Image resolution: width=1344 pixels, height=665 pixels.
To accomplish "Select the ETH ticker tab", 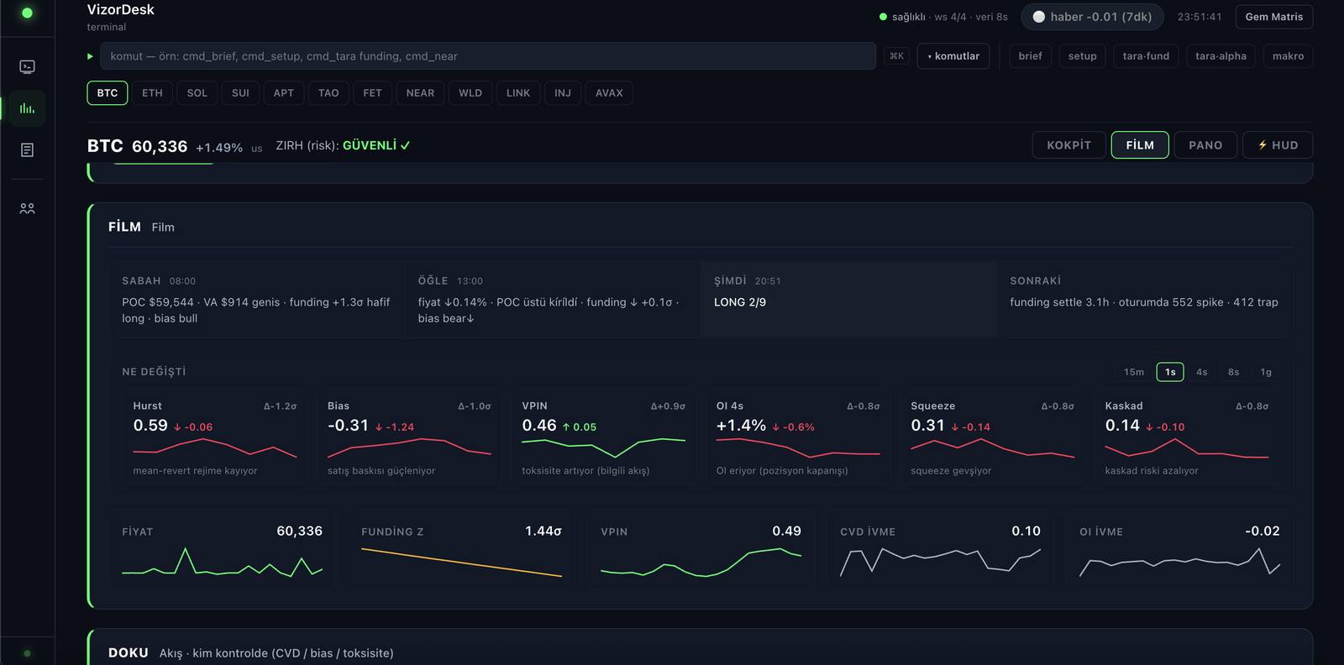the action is (152, 93).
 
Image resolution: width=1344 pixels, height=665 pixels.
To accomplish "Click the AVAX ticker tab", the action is (609, 93).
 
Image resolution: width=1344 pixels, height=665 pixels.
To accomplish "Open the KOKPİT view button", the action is (1068, 145).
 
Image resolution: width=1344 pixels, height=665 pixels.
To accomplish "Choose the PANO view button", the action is (1205, 145).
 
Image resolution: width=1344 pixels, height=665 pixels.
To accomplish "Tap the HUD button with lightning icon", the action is (1278, 145).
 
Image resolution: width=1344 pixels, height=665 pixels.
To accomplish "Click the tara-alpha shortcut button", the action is (1221, 55).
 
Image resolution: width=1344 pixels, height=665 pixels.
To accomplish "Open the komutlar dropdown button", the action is (953, 55).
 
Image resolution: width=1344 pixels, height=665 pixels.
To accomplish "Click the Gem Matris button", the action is (1273, 17).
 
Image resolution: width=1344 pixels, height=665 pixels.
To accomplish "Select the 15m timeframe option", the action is (1133, 372).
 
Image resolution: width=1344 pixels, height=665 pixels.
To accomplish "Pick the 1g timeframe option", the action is (1265, 372).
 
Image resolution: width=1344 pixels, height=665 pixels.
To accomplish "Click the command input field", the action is (488, 55).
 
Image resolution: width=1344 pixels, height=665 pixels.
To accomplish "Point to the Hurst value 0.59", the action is (150, 425).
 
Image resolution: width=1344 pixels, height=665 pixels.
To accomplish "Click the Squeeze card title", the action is (932, 406).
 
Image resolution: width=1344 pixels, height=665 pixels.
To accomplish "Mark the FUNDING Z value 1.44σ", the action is (543, 531).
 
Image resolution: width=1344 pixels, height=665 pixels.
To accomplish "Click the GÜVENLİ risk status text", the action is (370, 145).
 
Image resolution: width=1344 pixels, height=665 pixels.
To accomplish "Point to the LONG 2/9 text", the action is (740, 302).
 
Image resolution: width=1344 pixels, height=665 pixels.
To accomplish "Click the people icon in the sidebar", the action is (27, 209).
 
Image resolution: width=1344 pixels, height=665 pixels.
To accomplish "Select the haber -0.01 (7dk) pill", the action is (1092, 17).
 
